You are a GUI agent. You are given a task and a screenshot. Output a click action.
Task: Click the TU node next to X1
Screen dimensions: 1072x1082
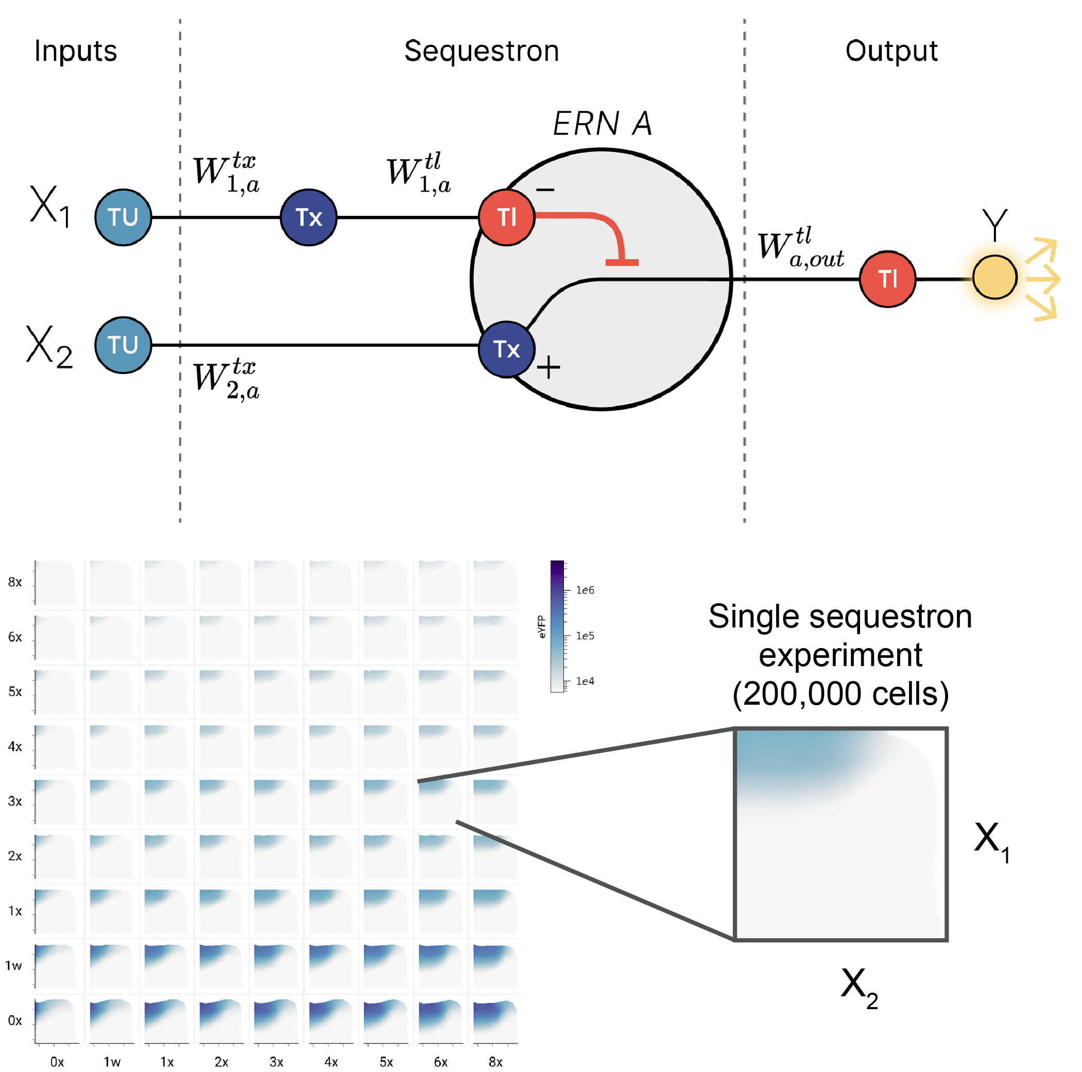click(123, 217)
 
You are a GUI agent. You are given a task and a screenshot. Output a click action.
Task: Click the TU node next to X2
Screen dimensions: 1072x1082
click(123, 345)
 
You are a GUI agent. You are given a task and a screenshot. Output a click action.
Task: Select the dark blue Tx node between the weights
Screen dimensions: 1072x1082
click(308, 217)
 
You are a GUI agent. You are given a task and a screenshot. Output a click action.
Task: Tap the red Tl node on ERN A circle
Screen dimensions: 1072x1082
click(506, 217)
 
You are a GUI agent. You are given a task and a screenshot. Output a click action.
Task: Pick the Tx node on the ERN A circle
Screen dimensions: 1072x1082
click(506, 349)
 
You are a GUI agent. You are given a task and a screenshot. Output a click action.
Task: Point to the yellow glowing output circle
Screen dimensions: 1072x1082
click(994, 277)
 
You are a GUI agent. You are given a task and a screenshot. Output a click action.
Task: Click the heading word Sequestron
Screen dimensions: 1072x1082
click(482, 52)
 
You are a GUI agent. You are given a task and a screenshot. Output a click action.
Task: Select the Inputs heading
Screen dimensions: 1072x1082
click(76, 52)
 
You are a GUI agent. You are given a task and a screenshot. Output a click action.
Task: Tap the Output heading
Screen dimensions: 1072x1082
click(891, 52)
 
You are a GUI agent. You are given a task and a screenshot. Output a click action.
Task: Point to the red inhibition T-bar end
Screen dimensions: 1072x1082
click(622, 262)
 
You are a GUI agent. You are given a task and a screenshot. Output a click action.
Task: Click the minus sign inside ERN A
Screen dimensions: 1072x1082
click(545, 191)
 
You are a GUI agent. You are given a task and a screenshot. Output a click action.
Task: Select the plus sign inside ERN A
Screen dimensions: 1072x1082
click(548, 368)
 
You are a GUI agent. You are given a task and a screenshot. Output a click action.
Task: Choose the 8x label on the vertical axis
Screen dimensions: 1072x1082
click(15, 583)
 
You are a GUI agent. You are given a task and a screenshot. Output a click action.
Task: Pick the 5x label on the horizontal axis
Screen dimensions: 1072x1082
click(386, 1062)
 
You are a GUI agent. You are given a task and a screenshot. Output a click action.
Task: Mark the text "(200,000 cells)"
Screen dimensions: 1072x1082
click(840, 694)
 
